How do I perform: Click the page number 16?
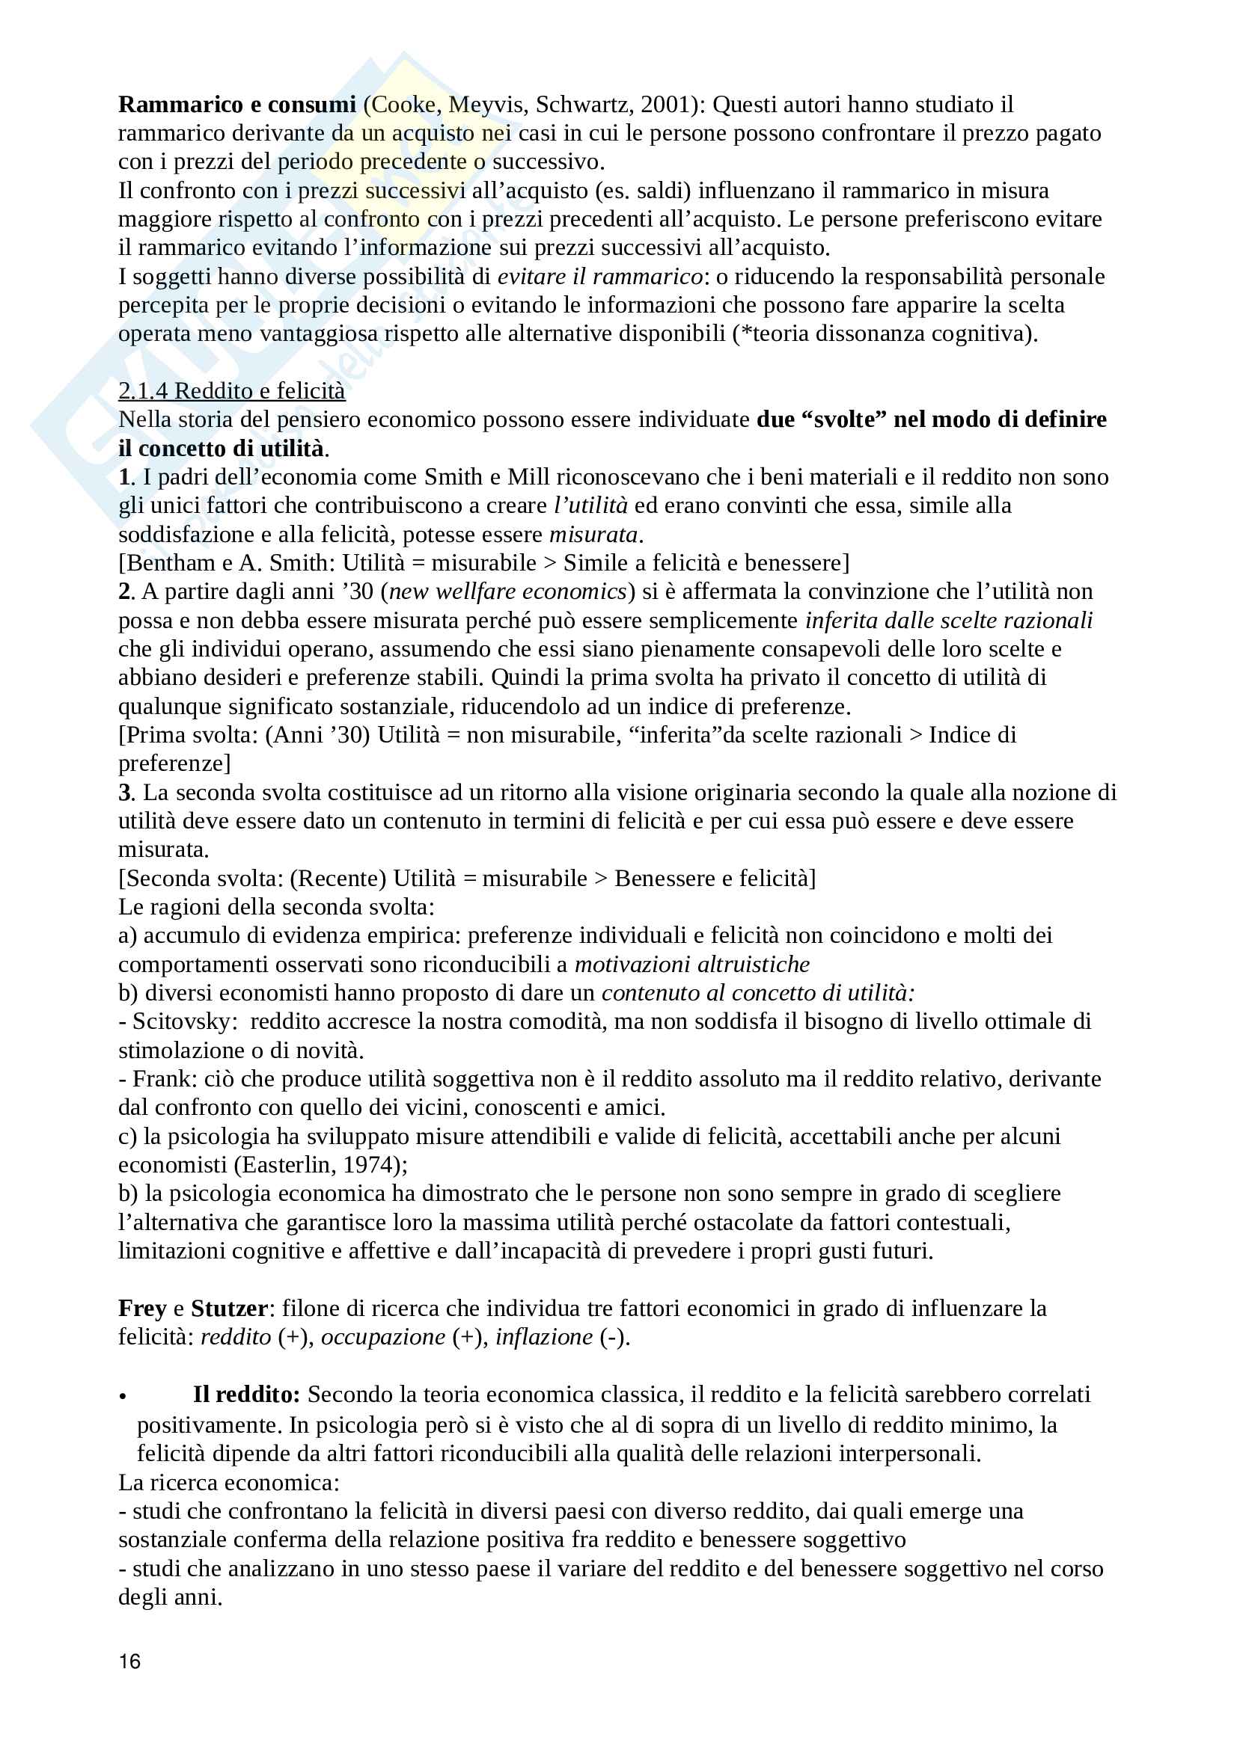[x=129, y=1662]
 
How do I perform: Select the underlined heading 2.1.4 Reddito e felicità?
[x=232, y=391]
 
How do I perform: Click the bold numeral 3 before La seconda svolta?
[x=125, y=792]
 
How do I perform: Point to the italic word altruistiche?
[x=754, y=965]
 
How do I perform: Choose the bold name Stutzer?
[x=229, y=1308]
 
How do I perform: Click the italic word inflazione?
[x=543, y=1337]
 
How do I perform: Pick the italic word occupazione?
[x=383, y=1337]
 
